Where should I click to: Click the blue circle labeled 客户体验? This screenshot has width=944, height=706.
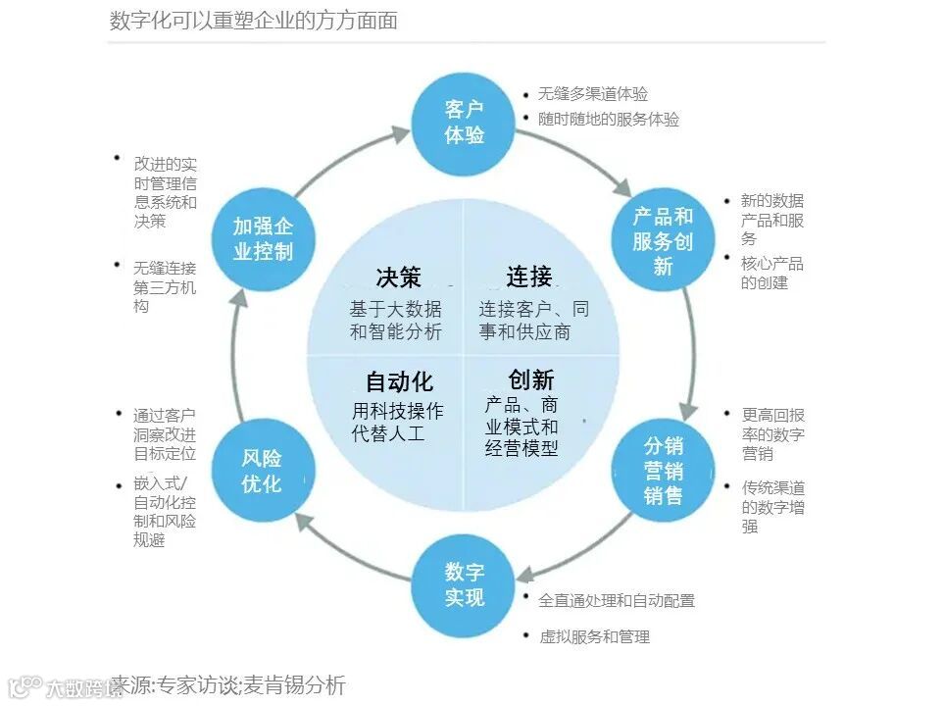464,123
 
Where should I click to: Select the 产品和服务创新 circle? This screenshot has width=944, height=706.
663,240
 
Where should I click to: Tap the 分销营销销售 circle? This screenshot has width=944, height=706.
663,470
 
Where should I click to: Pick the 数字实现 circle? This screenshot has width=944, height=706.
464,584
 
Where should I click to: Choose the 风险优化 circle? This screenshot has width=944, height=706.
262,471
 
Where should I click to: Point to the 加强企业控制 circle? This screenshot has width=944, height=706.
263,239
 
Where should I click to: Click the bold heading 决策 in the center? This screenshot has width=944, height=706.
398,277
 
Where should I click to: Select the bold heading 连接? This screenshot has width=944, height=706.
529,277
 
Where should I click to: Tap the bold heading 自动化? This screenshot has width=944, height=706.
399,381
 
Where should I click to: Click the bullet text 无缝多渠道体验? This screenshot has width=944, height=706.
592,94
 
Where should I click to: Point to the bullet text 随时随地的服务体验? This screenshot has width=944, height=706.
608,120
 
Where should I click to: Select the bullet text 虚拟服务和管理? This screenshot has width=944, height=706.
594,637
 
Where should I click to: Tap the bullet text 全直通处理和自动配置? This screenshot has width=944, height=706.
616,600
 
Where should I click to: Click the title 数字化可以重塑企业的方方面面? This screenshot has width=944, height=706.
253,21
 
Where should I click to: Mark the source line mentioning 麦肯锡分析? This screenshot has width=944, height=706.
227,685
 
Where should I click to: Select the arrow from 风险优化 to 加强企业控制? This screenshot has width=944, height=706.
236,353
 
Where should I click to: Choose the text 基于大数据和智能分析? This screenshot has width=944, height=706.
396,321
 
